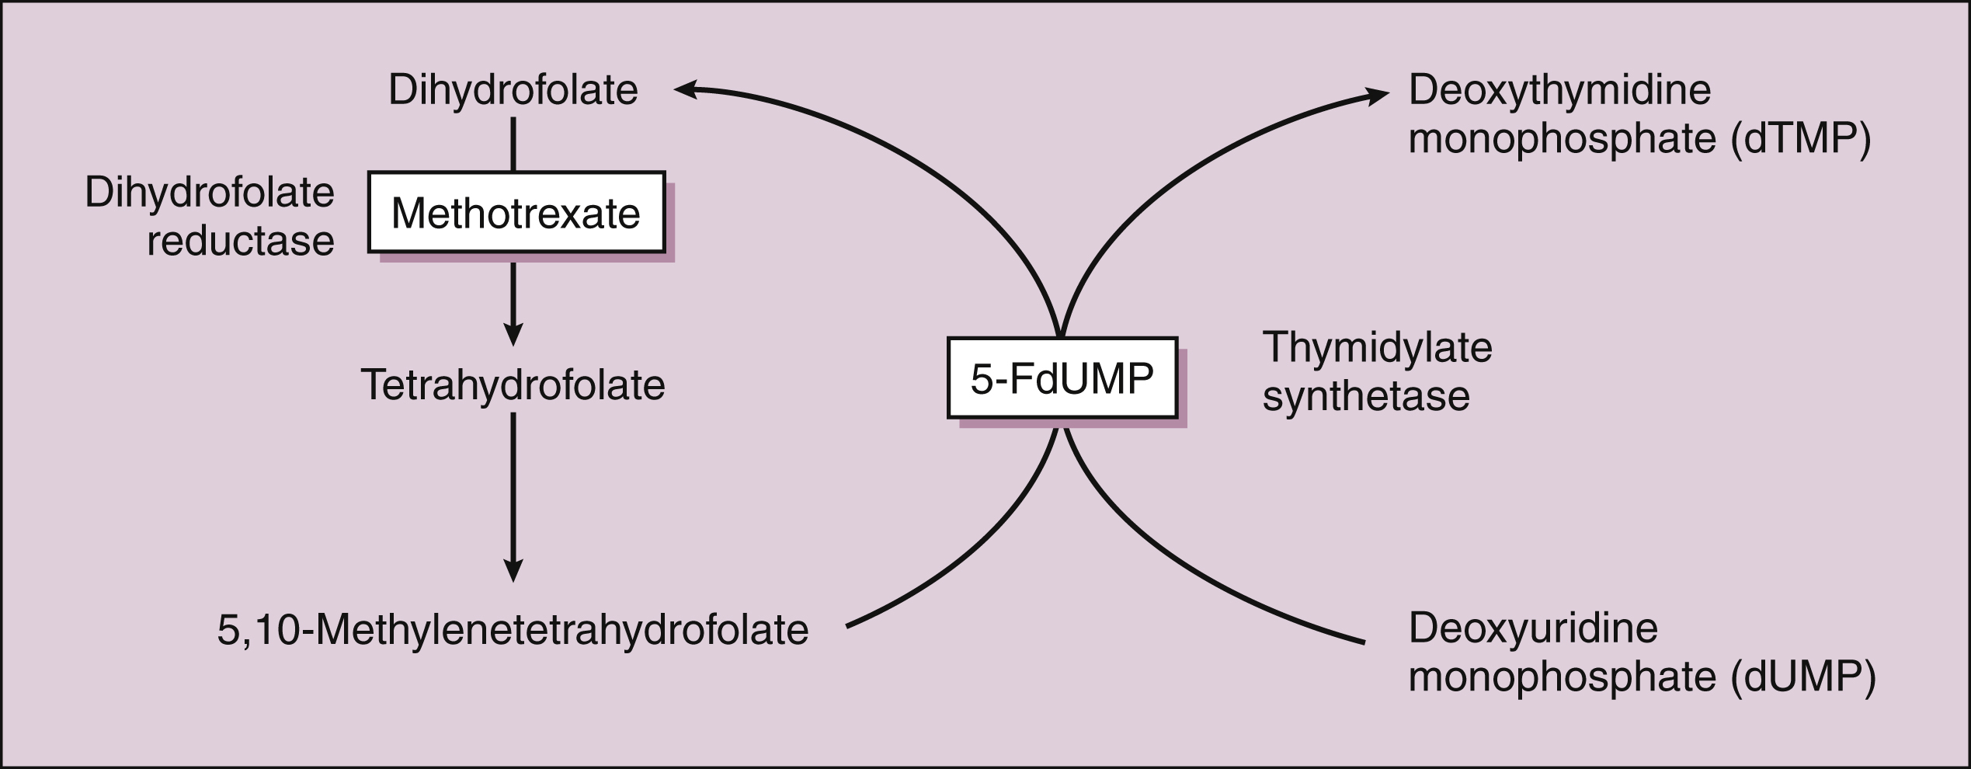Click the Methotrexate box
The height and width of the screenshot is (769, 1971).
coord(516,212)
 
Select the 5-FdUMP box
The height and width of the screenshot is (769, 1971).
coord(1062,378)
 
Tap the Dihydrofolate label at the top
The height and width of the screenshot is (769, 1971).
coord(513,90)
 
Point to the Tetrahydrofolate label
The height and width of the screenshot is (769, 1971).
coord(513,385)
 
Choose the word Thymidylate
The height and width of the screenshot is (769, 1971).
coord(1377,347)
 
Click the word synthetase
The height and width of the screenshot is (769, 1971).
coord(1366,396)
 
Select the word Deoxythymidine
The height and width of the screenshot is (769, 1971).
coord(1559,90)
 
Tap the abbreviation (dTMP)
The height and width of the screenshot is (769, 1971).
coord(1801,139)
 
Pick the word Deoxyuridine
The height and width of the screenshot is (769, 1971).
coord(1533,628)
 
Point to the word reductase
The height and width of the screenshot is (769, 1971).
coord(241,241)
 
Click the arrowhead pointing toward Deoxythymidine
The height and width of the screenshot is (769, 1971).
coord(1378,96)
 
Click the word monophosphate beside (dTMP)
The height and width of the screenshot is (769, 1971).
coord(1562,139)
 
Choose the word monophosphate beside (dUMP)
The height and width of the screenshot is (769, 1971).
coord(1562,677)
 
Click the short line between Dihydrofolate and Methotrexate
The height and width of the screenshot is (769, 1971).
coord(513,144)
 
